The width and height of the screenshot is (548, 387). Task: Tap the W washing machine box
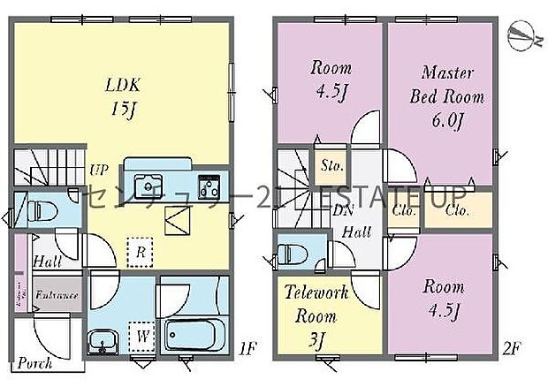tap(139, 337)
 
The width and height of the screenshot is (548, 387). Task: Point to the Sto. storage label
tap(331, 164)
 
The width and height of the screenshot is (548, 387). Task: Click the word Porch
tap(34, 363)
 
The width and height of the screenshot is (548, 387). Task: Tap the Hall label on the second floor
tap(356, 232)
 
